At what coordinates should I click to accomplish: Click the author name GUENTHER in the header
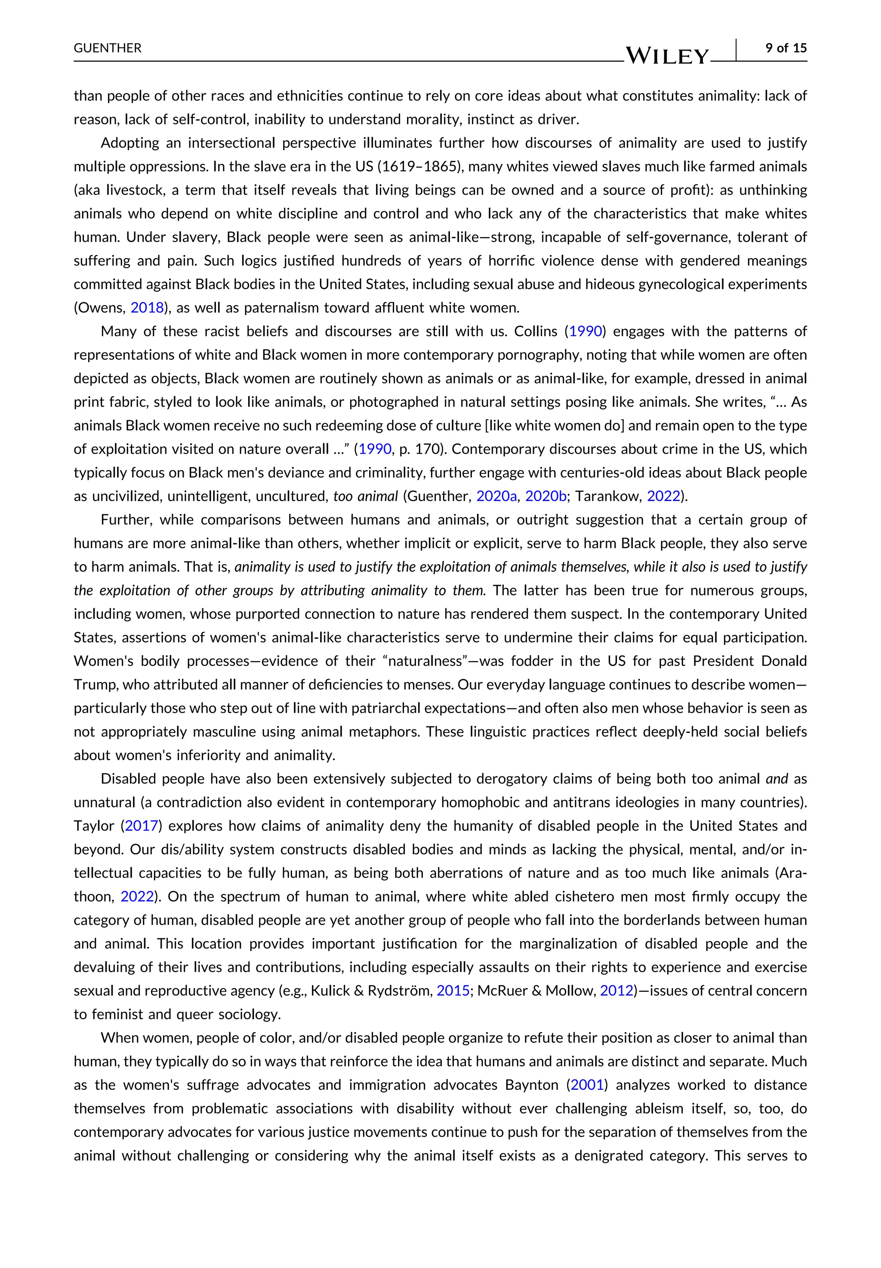tap(108, 48)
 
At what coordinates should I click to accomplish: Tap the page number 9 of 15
tap(786, 48)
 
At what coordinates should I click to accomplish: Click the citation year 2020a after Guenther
tap(496, 496)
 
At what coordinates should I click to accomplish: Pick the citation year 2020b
tap(545, 496)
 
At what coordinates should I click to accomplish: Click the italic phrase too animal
tap(365, 496)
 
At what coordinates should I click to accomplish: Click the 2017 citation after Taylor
tap(142, 826)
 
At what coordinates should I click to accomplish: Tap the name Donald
tap(784, 661)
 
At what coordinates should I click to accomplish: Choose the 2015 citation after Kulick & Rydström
tap(453, 990)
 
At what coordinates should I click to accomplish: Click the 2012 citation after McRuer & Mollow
tap(616, 990)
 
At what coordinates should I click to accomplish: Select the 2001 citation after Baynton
tap(587, 1085)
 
